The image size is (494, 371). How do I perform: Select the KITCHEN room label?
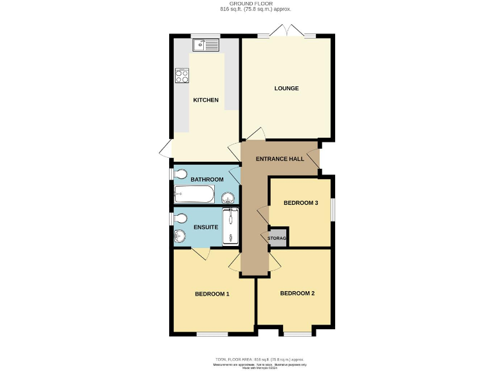206,100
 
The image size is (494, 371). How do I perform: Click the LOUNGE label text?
286,88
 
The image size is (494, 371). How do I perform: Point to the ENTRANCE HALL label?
280,159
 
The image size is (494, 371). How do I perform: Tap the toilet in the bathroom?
180,174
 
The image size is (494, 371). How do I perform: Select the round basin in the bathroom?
229,197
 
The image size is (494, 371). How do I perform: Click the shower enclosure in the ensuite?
230,227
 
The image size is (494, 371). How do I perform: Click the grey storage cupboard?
277,238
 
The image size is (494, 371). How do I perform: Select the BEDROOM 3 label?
301,203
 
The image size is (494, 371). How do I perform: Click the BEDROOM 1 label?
212,294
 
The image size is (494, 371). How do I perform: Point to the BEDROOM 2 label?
297,294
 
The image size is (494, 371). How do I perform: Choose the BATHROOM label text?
206,179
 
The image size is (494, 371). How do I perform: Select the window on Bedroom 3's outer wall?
333,210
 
